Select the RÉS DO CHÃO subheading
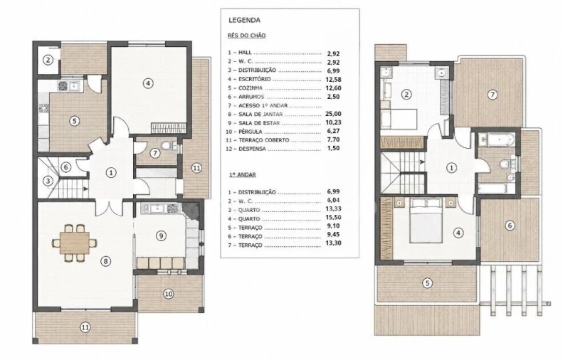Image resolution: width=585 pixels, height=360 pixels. tap(247, 36)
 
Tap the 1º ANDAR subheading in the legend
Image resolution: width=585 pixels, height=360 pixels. tap(242, 174)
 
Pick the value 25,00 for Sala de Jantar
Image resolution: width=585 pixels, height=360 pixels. tap(333, 114)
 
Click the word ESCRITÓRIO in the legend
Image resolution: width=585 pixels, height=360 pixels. tap(255, 79)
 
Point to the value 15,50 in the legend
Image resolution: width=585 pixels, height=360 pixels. tap(333, 217)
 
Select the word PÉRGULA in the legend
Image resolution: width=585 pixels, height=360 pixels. tap(251, 132)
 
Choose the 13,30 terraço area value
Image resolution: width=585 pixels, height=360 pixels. tap(333, 243)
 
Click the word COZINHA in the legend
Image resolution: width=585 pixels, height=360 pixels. tap(251, 88)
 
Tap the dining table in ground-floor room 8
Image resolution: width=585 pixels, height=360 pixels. tap(75, 243)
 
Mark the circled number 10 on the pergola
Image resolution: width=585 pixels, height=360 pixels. tap(169, 294)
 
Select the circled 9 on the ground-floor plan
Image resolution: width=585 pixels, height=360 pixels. tap(161, 235)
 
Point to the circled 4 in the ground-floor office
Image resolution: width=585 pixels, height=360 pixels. tap(148, 83)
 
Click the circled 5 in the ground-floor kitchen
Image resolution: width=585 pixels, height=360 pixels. tap(75, 121)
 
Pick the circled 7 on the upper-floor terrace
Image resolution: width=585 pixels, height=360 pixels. tap(492, 95)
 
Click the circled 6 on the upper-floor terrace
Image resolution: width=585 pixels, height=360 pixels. tap(510, 226)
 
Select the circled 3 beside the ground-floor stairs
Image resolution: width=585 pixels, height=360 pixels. tap(48, 181)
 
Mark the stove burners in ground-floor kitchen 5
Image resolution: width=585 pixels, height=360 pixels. tap(43, 109)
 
